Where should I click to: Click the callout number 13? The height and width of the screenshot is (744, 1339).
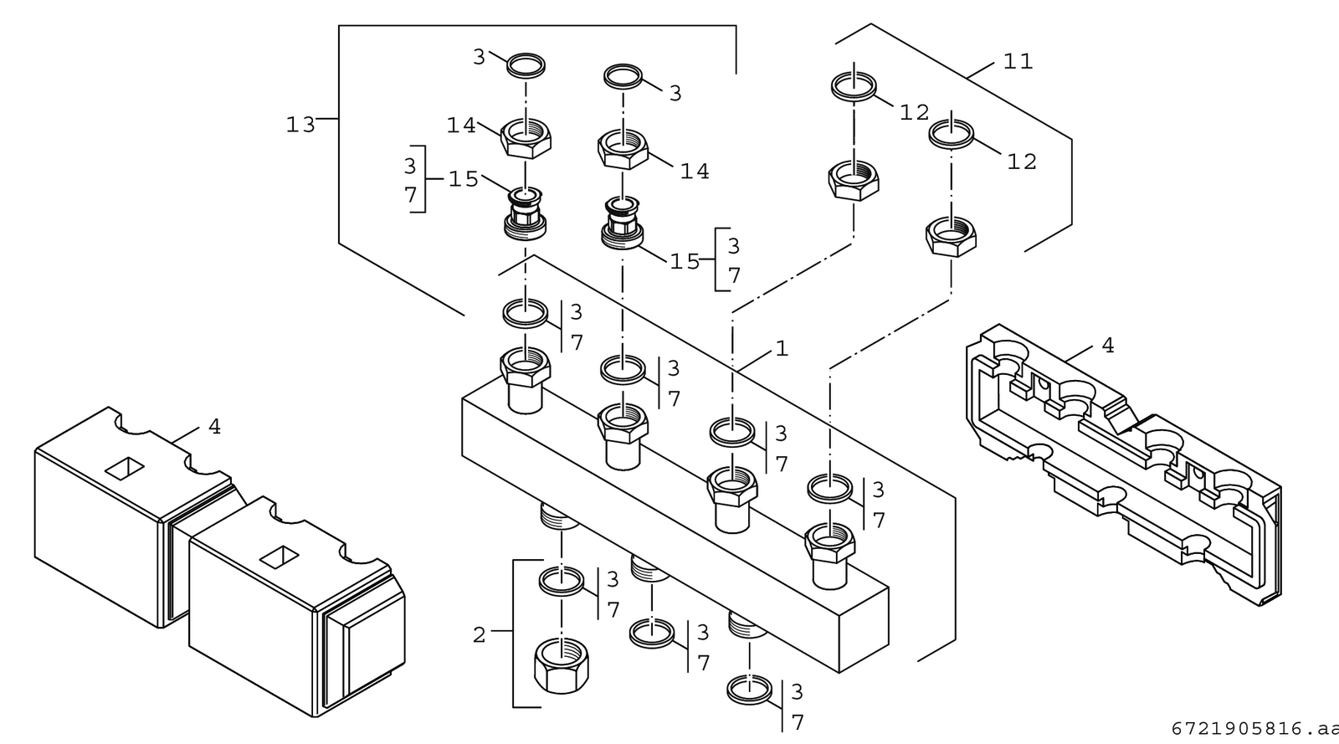pyautogui.click(x=300, y=125)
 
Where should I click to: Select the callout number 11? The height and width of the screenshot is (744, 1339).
pyautogui.click(x=1018, y=62)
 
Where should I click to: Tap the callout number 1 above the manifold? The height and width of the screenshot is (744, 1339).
pyautogui.click(x=782, y=348)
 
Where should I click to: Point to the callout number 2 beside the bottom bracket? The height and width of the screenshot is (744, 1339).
pyautogui.click(x=479, y=635)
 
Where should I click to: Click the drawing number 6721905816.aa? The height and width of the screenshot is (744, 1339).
pyautogui.click(x=1254, y=729)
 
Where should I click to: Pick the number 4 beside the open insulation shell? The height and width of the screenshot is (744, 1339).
pyautogui.click(x=1108, y=346)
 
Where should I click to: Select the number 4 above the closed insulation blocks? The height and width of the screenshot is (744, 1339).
pyautogui.click(x=214, y=427)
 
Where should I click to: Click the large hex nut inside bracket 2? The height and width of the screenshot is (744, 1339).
pyautogui.click(x=561, y=664)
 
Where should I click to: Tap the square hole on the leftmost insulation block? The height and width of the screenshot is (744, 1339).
pyautogui.click(x=125, y=469)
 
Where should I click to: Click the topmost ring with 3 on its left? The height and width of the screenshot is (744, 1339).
pyautogui.click(x=526, y=65)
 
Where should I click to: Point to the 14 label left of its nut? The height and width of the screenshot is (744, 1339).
pyautogui.click(x=461, y=126)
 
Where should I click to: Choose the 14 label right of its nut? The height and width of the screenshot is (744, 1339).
pyautogui.click(x=695, y=172)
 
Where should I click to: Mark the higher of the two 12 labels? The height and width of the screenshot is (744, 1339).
pyautogui.click(x=915, y=112)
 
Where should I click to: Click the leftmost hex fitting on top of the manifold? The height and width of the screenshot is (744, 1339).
pyautogui.click(x=525, y=380)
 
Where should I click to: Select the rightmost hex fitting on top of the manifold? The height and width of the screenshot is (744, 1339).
pyautogui.click(x=829, y=556)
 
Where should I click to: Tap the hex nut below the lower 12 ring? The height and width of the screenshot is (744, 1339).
pyautogui.click(x=951, y=237)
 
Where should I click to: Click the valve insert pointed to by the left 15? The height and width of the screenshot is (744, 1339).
pyautogui.click(x=525, y=213)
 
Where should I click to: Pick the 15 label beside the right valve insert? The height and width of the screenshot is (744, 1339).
pyautogui.click(x=685, y=262)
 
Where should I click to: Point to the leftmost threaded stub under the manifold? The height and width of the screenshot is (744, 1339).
pyautogui.click(x=560, y=516)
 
